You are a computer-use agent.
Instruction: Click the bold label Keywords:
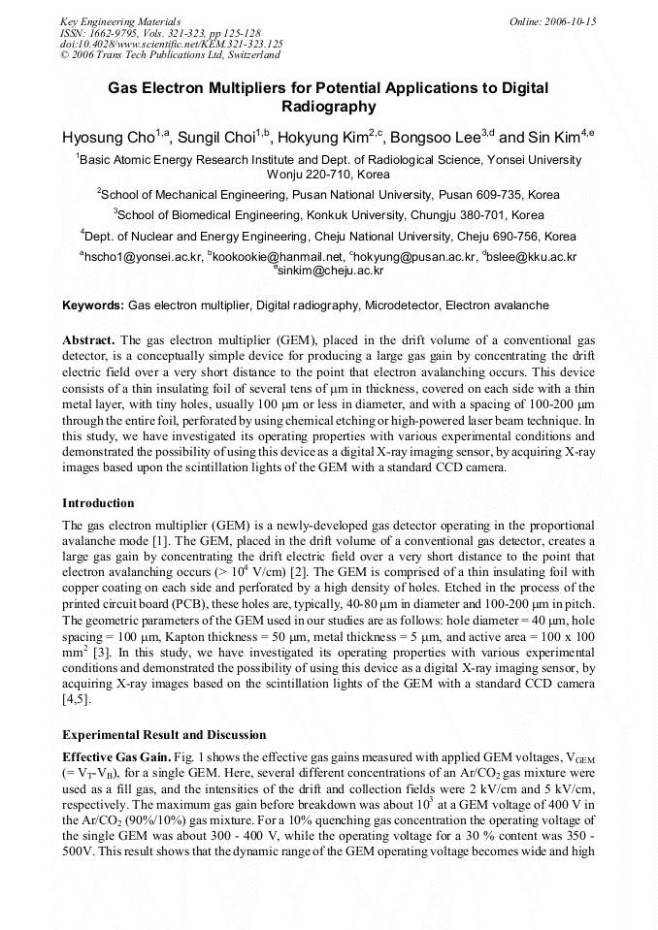[x=93, y=305]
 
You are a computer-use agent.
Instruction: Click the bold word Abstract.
[x=87, y=340]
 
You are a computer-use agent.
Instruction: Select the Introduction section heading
[x=98, y=503]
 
